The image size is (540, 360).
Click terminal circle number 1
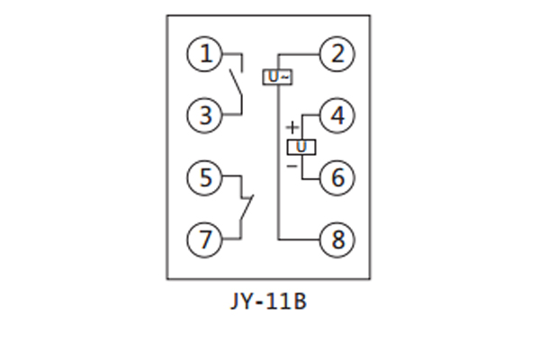click(x=204, y=55)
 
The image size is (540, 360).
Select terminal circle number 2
click(x=337, y=55)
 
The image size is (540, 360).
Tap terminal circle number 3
click(x=204, y=115)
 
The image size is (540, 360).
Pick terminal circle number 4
click(x=337, y=116)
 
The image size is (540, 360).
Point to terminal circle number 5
click(x=204, y=177)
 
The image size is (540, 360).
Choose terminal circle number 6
click(x=337, y=177)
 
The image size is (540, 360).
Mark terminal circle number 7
click(x=204, y=239)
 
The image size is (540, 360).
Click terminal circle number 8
click(x=337, y=239)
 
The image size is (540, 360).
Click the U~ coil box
click(x=278, y=77)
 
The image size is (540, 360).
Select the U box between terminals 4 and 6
click(x=301, y=147)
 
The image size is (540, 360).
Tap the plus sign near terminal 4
click(x=292, y=128)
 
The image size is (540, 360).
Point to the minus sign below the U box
click(x=292, y=166)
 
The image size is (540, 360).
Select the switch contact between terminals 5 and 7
click(x=244, y=207)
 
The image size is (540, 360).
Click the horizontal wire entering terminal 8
click(x=300, y=239)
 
